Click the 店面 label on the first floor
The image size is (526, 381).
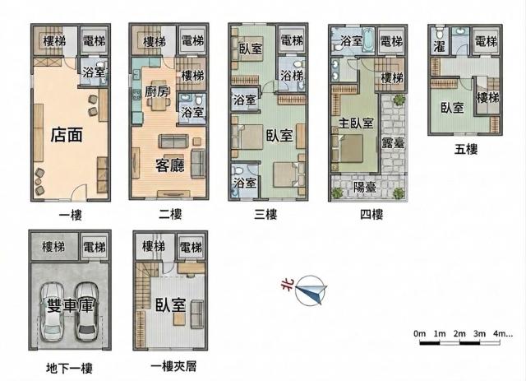67,136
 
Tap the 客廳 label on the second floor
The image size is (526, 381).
170,165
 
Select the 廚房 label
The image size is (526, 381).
157,91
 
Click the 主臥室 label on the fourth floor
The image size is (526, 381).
356,123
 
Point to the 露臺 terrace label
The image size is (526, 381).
393,143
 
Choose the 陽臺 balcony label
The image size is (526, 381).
365,187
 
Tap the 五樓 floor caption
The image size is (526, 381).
466,149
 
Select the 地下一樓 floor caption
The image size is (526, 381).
69,368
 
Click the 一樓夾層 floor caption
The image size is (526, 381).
173,366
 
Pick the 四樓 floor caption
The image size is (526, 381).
371,214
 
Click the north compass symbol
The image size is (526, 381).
310,290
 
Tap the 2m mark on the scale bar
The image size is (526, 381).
459,333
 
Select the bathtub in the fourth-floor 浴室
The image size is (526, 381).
368,41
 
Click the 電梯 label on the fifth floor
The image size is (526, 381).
486,41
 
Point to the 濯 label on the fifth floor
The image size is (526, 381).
439,46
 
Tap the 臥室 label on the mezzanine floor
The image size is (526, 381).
170,304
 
